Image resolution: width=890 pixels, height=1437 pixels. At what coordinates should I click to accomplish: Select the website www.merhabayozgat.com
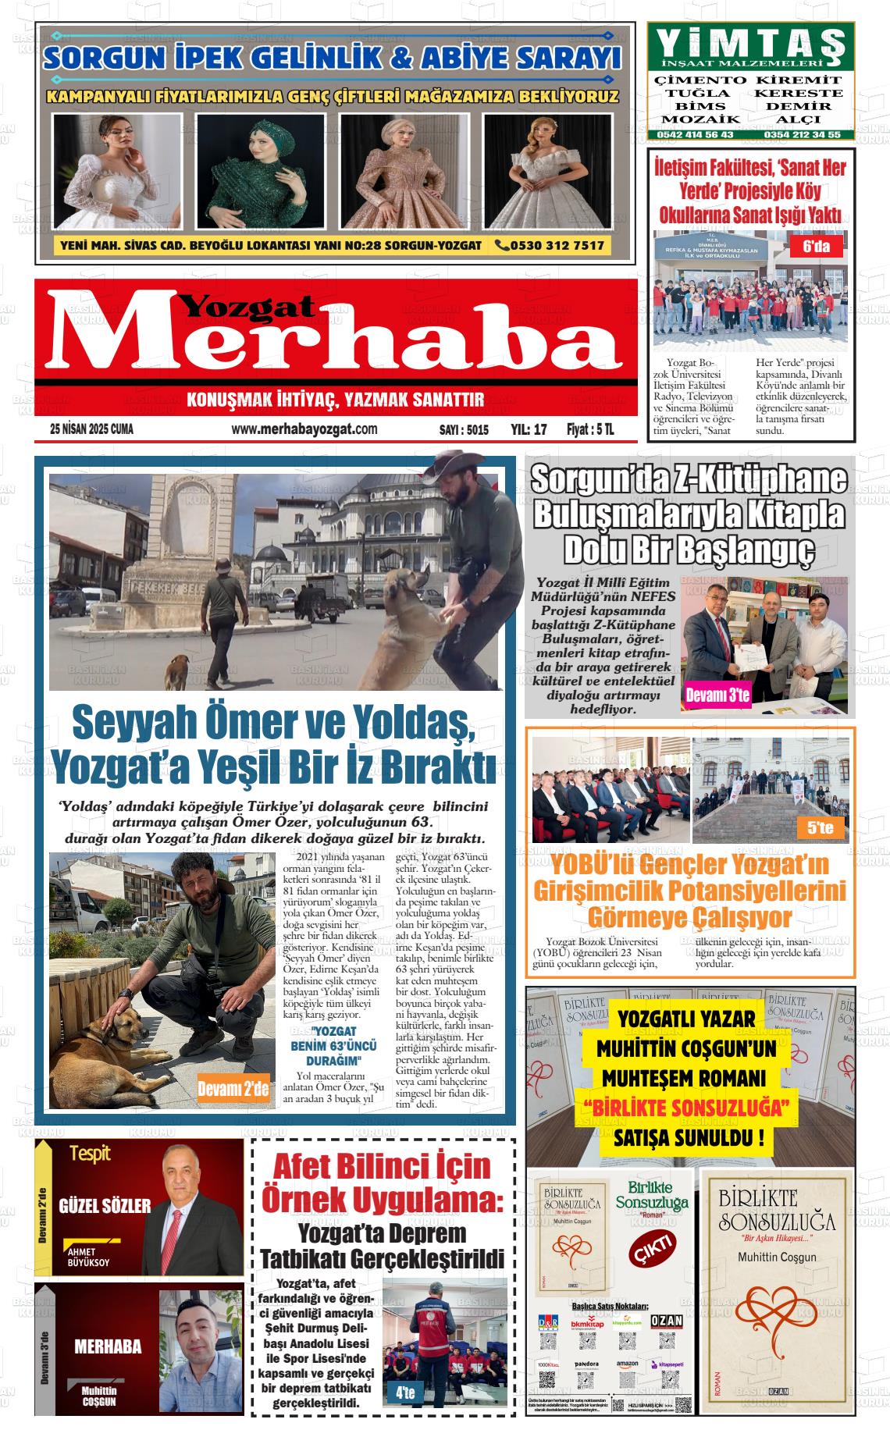coord(304,429)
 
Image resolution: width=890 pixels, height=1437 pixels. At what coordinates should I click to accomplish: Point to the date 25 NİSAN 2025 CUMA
coord(91,429)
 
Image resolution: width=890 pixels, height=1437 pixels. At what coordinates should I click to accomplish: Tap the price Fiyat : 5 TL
coord(590,429)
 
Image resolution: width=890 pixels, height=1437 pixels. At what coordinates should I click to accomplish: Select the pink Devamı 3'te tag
coord(717,695)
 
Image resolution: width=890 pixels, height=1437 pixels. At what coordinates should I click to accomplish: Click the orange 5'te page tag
coord(820,828)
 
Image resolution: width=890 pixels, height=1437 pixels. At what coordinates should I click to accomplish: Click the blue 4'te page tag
coord(405,1392)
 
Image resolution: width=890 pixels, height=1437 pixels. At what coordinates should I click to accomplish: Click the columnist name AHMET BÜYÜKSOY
coord(89,1256)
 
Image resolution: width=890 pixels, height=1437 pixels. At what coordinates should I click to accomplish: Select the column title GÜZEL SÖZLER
coord(105,1205)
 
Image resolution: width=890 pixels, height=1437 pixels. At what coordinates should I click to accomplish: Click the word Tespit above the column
coord(90,1153)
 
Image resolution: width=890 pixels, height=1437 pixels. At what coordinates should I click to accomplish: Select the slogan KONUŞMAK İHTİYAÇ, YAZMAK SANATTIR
coord(336,400)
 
